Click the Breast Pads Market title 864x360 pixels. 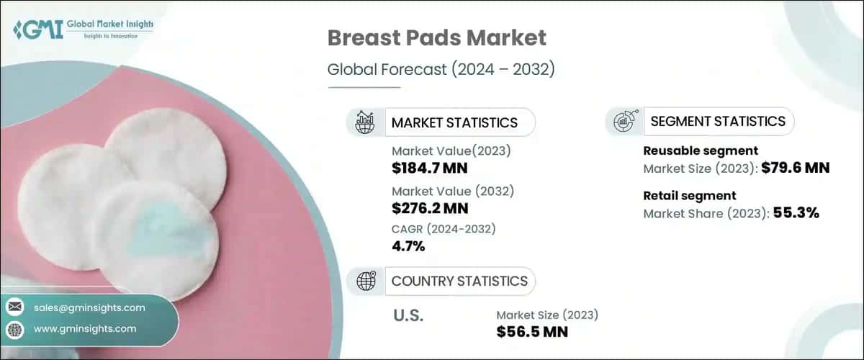[437, 38]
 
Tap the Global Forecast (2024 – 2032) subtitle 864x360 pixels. [440, 70]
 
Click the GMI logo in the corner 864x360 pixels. [82, 30]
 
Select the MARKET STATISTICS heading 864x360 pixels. [454, 122]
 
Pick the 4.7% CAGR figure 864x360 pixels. [408, 246]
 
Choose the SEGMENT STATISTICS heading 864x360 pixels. [717, 122]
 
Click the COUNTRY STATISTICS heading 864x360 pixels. [459, 281]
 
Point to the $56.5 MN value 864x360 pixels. [532, 331]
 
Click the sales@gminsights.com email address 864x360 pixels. [89, 307]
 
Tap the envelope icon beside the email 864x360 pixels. [15, 307]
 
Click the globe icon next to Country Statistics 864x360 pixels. [366, 281]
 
